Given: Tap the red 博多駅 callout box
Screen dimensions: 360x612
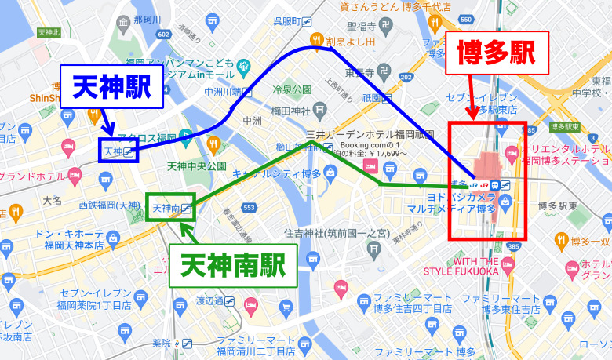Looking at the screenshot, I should point(495,53).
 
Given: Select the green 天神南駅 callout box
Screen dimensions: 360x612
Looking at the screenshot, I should point(233,265).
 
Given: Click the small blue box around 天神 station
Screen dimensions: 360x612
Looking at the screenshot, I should point(118,151).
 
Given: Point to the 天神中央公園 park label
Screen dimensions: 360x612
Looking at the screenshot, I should point(197,166).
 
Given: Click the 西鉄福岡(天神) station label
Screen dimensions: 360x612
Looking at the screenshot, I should point(109,205).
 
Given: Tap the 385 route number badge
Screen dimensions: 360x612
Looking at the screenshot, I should point(514,246).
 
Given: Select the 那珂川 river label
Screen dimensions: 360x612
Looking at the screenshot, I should point(147,20).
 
